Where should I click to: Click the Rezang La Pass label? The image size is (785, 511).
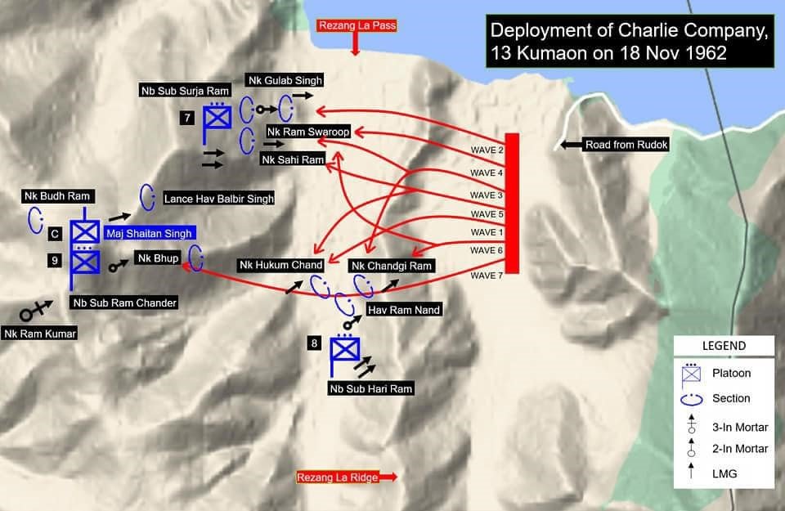(x=357, y=25)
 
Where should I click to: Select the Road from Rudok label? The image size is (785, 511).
(x=626, y=145)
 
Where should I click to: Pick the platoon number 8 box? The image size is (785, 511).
(x=315, y=343)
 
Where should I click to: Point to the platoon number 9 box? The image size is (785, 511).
(x=54, y=261)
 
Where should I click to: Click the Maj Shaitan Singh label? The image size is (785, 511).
(x=149, y=234)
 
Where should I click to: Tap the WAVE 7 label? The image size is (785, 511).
(x=487, y=276)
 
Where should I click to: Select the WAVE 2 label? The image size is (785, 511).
(x=487, y=151)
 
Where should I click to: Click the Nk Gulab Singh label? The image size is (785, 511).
(x=284, y=80)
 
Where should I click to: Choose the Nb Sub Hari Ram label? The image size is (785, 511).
(x=371, y=388)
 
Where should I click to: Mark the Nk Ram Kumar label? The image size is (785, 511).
(x=39, y=333)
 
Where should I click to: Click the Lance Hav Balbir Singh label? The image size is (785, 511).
(x=218, y=199)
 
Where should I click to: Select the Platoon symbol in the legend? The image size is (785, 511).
(x=693, y=373)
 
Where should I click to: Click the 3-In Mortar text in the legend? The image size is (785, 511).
(x=739, y=424)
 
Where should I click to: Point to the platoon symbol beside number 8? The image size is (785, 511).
(x=345, y=351)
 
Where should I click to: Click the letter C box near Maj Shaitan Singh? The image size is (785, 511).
(x=54, y=234)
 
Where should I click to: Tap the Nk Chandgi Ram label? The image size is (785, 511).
(x=392, y=266)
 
